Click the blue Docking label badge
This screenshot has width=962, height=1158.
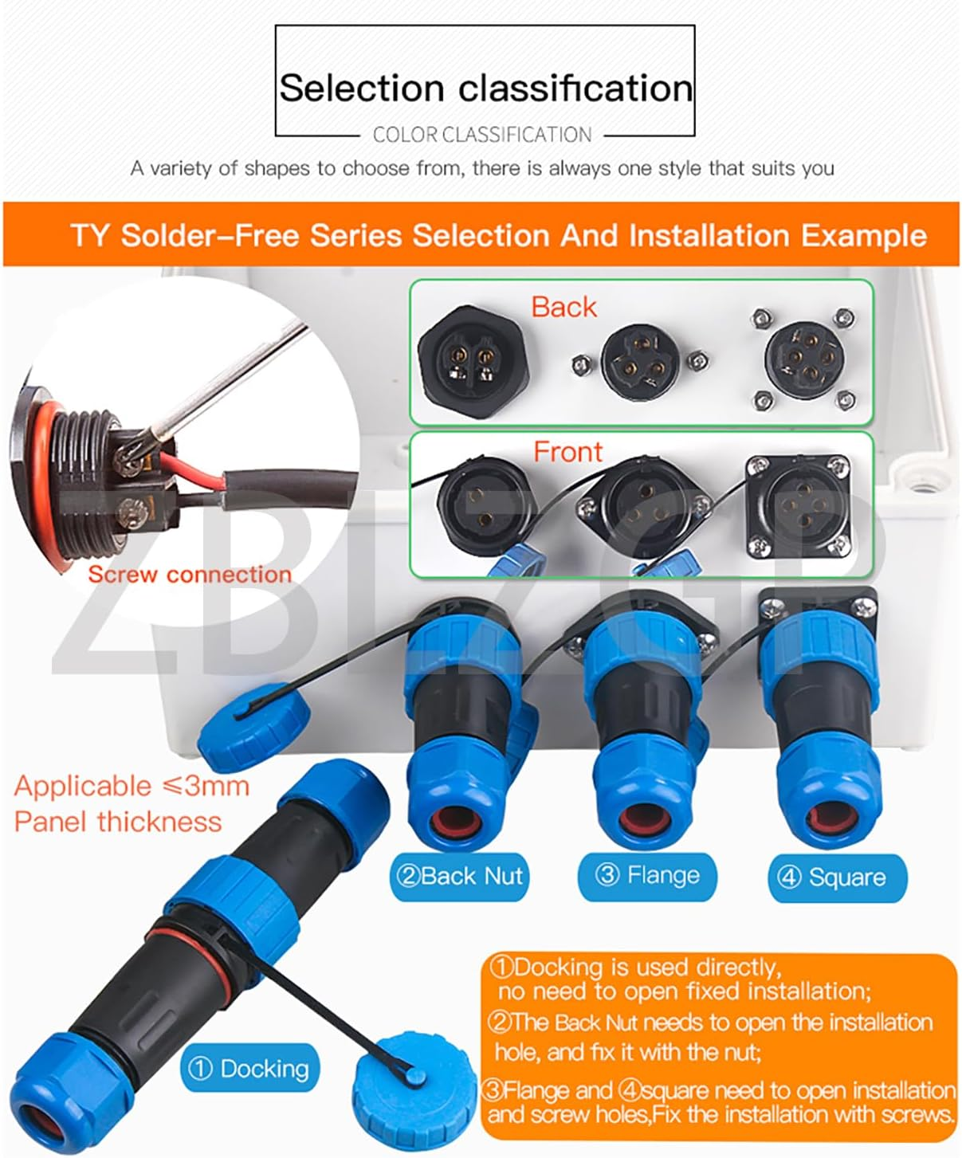click(x=249, y=1068)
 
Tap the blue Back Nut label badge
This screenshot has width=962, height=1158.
click(x=459, y=876)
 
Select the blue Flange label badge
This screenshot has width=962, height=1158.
click(x=647, y=876)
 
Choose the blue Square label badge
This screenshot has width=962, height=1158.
click(x=837, y=877)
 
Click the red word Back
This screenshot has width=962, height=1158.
click(x=563, y=307)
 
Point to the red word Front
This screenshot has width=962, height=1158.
click(x=567, y=451)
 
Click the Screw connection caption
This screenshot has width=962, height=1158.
click(x=190, y=574)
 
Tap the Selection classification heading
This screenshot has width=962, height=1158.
click(x=486, y=88)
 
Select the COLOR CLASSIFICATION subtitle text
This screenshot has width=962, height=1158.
click(x=482, y=135)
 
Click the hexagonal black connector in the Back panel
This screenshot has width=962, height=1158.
click(x=473, y=360)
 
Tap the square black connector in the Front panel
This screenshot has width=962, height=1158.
click(x=797, y=505)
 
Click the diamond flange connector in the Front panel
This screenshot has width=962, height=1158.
click(x=643, y=506)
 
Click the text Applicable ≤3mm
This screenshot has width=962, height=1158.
click(x=132, y=786)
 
